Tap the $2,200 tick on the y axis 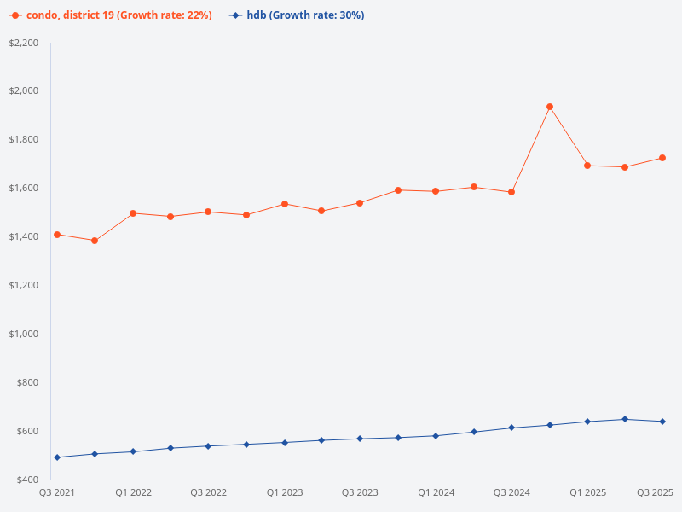[x=24, y=43]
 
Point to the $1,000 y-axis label [x=24, y=334]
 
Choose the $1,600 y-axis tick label [x=24, y=188]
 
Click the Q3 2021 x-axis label [x=57, y=492]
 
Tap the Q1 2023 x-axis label [x=285, y=492]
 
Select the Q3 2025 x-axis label [x=656, y=492]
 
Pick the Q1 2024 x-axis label [x=436, y=492]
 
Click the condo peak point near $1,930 [x=550, y=107]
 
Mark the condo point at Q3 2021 [x=57, y=235]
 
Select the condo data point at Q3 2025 [x=662, y=158]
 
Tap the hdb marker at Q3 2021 [x=57, y=457]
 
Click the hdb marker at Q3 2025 [x=662, y=422]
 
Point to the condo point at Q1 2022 [x=133, y=213]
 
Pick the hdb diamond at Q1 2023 [x=285, y=443]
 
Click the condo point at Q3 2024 [x=511, y=192]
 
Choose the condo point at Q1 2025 [x=587, y=166]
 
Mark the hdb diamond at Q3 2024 [x=511, y=428]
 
